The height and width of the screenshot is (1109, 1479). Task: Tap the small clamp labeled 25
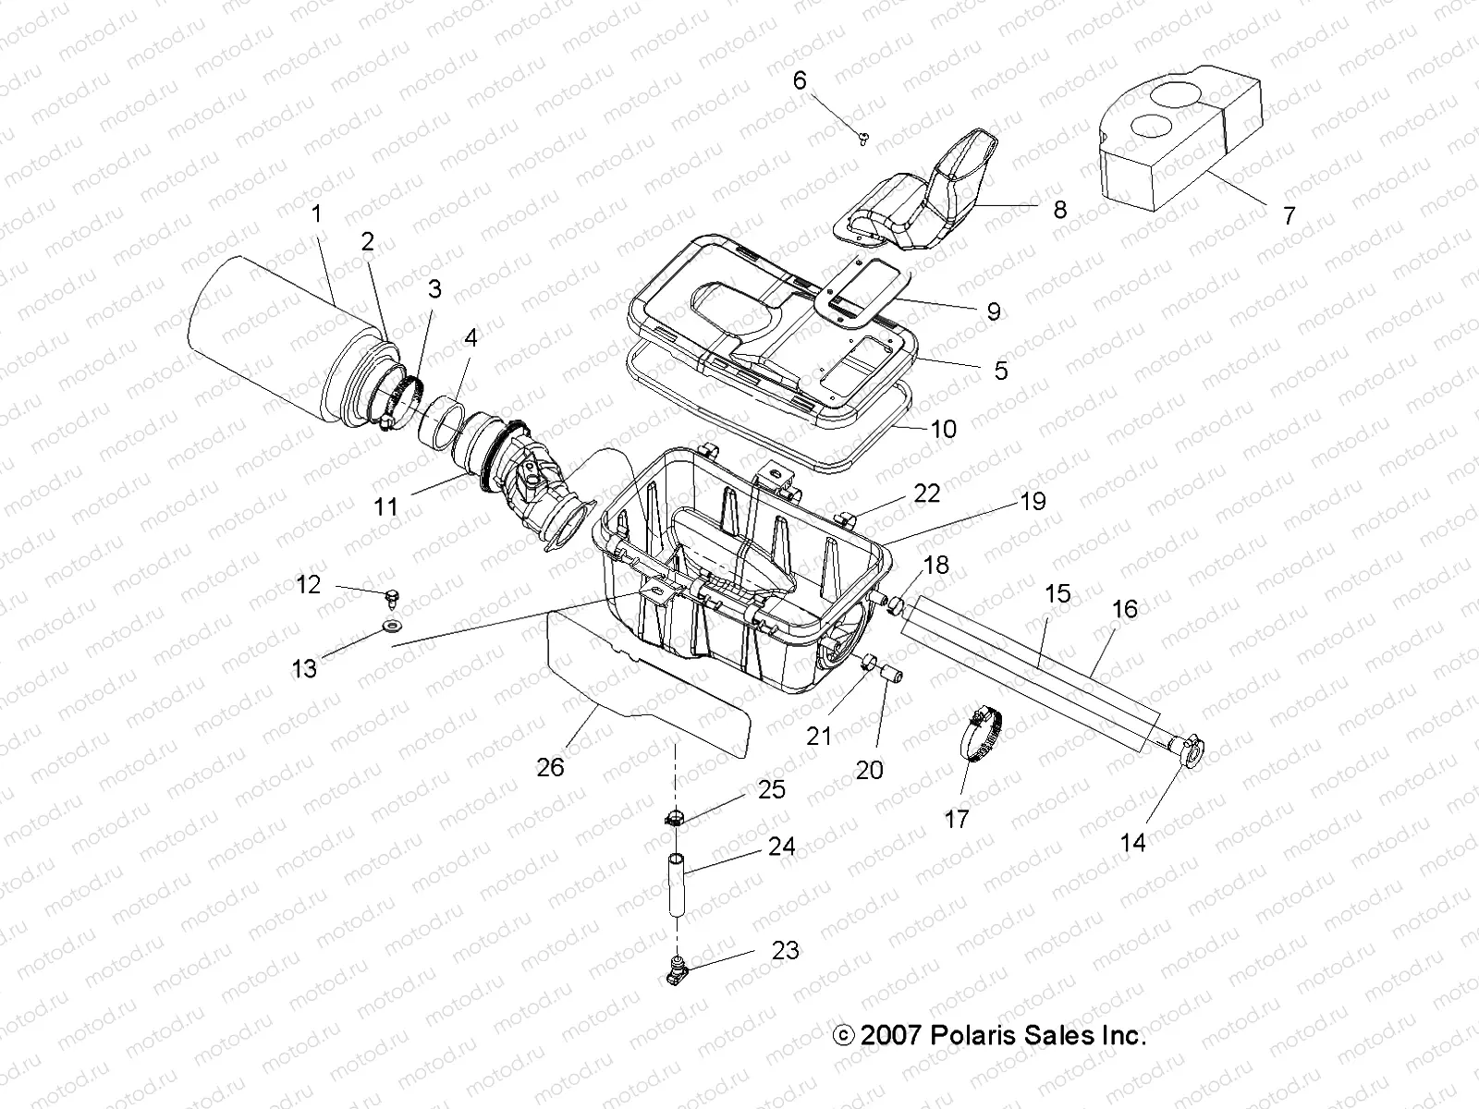(x=676, y=817)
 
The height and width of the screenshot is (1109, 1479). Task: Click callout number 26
(x=551, y=767)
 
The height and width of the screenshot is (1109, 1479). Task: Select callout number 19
(x=1033, y=501)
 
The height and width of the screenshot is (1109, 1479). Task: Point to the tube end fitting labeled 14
(x=1191, y=749)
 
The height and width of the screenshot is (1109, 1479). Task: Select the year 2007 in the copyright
(x=890, y=1034)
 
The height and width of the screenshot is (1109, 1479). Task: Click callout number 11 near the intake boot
(x=385, y=506)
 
